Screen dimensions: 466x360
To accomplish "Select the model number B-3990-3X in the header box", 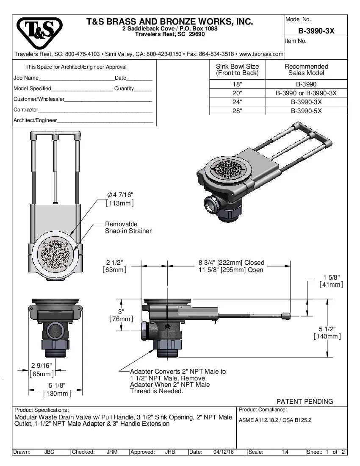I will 316,31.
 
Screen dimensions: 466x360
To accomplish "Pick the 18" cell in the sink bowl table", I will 237,84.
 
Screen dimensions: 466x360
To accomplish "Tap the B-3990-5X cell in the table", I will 306,111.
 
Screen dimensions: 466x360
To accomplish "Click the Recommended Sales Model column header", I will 306,69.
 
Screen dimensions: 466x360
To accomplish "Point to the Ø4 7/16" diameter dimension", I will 120,198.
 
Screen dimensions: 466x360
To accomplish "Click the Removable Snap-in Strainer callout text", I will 128,227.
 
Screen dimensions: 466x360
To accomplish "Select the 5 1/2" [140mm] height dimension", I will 327,333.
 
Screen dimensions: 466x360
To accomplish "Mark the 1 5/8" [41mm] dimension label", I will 331,281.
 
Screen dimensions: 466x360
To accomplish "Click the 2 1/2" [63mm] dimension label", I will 114,266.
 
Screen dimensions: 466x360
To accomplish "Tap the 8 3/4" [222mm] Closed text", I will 231,263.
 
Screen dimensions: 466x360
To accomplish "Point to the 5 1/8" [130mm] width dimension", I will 57,389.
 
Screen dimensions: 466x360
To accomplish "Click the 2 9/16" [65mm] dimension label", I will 42,369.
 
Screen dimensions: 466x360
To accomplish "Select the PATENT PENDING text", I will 305,401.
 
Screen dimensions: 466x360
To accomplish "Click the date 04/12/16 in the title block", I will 223,452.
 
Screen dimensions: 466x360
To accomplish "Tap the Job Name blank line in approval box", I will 76,78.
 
